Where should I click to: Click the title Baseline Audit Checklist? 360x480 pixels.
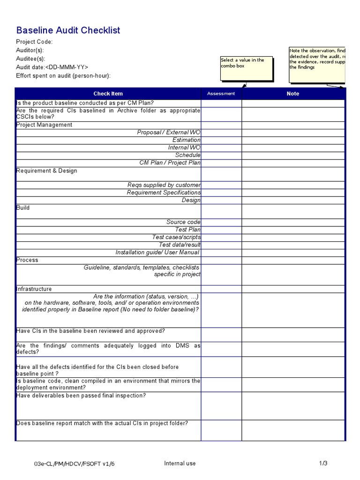click(x=68, y=30)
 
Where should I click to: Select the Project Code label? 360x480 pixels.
click(x=34, y=42)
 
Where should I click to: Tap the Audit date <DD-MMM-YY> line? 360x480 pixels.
click(x=52, y=67)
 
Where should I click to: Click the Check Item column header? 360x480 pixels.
click(x=108, y=94)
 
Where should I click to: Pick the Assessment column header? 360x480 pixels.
click(x=221, y=94)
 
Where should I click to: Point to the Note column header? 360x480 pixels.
click(x=292, y=94)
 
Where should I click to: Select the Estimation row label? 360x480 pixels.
click(x=186, y=140)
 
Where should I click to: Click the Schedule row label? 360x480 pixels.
click(x=187, y=155)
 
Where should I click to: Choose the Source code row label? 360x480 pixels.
click(x=183, y=222)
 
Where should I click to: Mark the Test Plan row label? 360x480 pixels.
click(x=187, y=230)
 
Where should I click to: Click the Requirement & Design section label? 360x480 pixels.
click(x=46, y=171)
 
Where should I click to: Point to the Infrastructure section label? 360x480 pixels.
click(x=34, y=289)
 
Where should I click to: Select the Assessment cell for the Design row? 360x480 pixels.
click(x=221, y=200)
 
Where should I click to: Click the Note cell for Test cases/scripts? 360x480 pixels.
click(x=293, y=237)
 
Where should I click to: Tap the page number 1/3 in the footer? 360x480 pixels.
click(x=323, y=464)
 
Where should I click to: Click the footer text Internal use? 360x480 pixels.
click(x=180, y=464)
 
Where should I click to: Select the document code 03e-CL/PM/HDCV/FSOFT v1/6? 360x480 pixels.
click(x=75, y=464)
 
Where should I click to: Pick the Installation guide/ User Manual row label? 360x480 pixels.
click(x=157, y=252)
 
